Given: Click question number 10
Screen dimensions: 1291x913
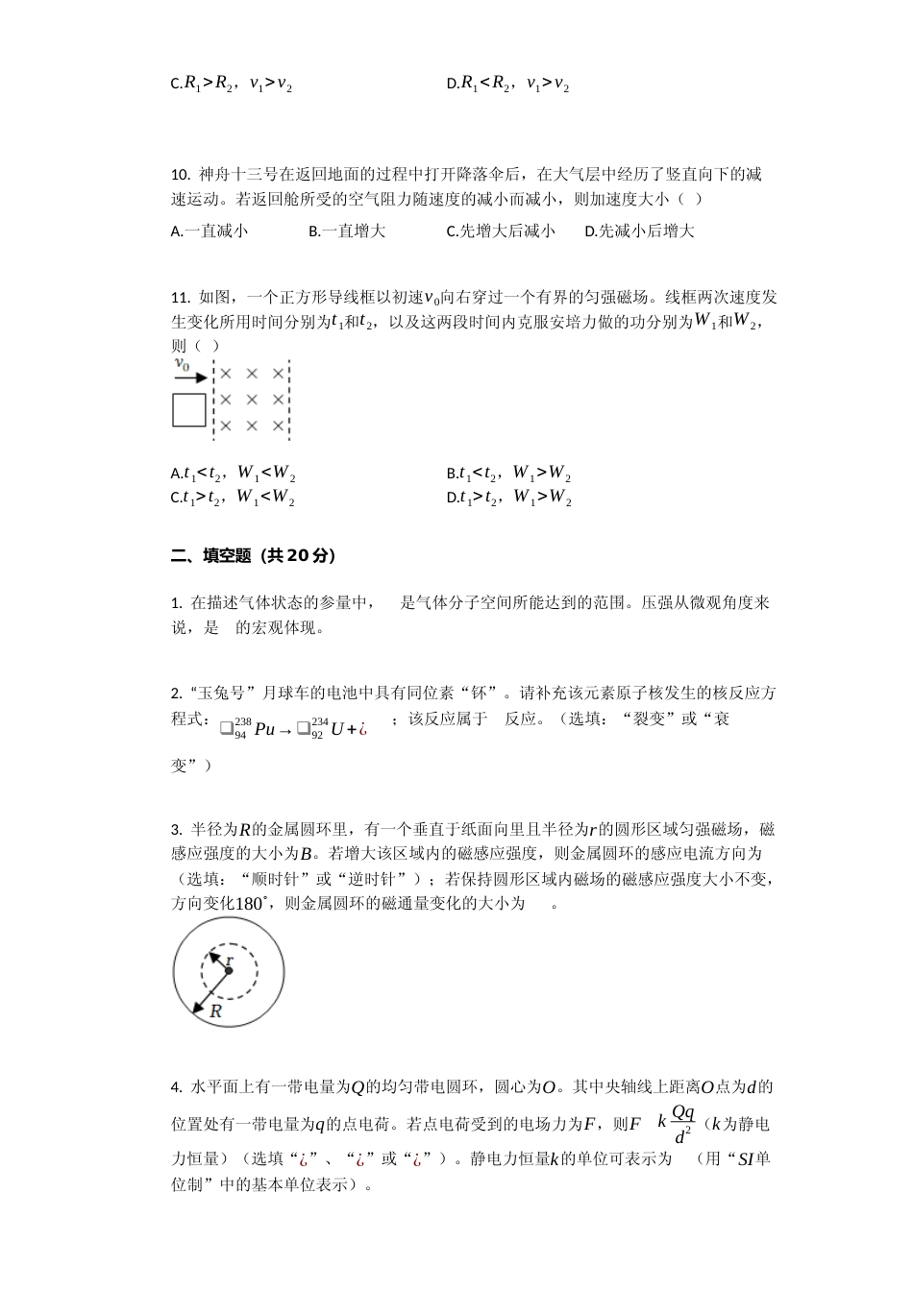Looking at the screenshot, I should tap(180, 175).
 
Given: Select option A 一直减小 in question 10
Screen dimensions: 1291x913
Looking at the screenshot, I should tap(209, 231).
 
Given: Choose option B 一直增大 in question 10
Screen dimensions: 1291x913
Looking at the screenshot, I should tap(346, 231).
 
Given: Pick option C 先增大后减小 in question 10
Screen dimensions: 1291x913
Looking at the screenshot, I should tap(500, 231).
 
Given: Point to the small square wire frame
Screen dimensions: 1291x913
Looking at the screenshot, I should tap(188, 410).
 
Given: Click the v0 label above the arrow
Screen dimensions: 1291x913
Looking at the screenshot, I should tap(182, 364).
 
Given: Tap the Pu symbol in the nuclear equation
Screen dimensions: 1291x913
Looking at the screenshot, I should tap(264, 729).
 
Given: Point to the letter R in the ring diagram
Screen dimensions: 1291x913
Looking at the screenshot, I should tap(215, 1011).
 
